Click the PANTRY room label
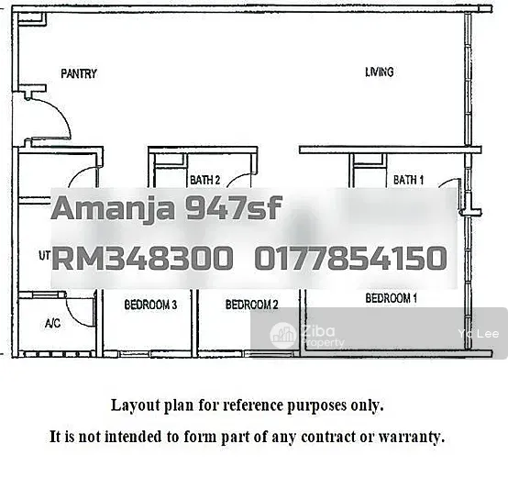click(79, 73)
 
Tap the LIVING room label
click(380, 72)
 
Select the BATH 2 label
click(204, 180)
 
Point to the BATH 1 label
click(408, 180)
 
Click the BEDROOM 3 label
click(150, 305)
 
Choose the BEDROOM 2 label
click(252, 305)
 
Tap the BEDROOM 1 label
click(391, 298)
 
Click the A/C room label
click(52, 323)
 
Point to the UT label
click(44, 256)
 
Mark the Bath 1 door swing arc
click(448, 182)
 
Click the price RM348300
click(142, 258)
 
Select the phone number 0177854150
click(351, 258)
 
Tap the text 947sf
click(233, 207)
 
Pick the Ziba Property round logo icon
click(283, 336)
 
